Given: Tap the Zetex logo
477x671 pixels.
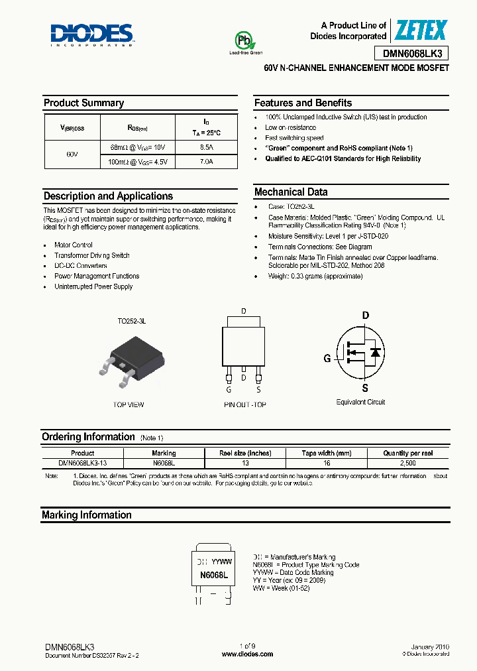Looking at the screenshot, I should click(x=421, y=30).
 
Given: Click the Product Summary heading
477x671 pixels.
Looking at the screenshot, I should click(x=83, y=103).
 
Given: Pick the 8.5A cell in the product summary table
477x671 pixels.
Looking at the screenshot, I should click(x=206, y=147).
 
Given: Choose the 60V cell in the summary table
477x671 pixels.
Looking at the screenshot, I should click(x=72, y=154).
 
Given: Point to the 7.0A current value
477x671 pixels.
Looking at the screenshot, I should click(x=206, y=161).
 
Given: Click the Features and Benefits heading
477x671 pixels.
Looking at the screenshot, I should click(x=303, y=103).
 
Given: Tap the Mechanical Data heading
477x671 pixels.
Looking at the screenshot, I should click(x=291, y=192).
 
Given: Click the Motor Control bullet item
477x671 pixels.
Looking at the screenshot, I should click(x=74, y=245).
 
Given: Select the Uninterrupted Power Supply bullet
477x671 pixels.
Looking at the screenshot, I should click(x=93, y=286).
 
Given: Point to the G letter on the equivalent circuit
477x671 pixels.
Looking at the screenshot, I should click(x=327, y=359).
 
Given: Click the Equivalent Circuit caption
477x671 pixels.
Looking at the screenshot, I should click(x=360, y=402).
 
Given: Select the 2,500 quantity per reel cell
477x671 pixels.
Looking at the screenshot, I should click(x=408, y=463).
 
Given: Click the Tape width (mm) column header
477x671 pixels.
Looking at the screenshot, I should click(x=326, y=454).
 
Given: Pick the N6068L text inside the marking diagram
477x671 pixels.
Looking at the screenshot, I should click(x=214, y=576).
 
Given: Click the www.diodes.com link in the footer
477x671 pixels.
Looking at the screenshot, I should click(x=247, y=654).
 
